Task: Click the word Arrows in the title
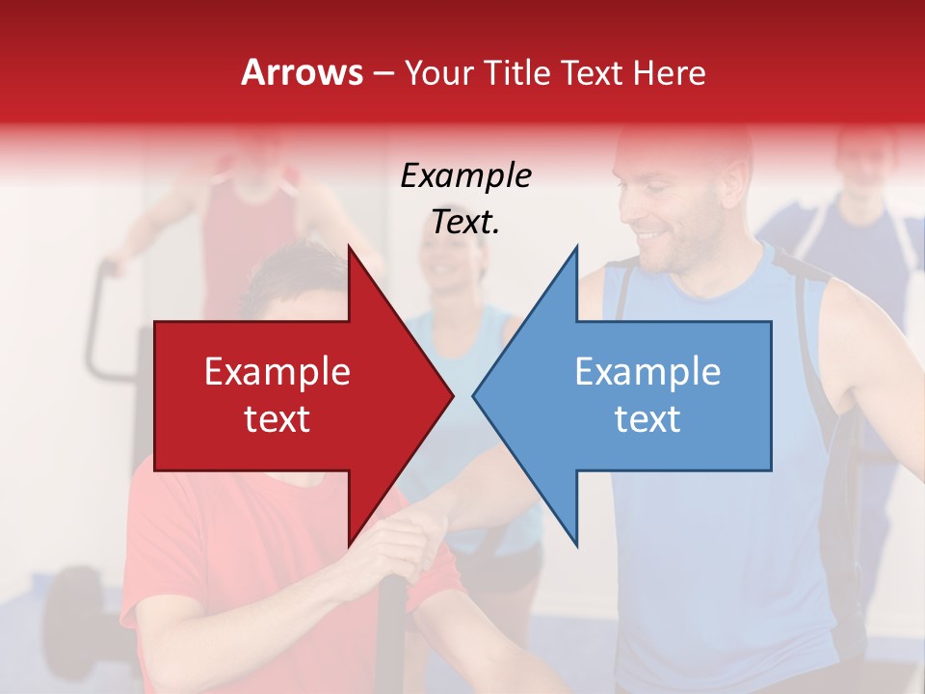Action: pos(302,72)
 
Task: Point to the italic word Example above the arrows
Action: pos(465,176)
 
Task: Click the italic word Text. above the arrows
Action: pos(465,222)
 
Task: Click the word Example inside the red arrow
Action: pos(277,372)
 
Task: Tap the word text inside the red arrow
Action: pos(277,418)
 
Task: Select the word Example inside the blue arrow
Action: pos(647,372)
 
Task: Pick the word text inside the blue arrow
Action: pos(647,418)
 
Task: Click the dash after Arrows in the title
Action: pos(383,73)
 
